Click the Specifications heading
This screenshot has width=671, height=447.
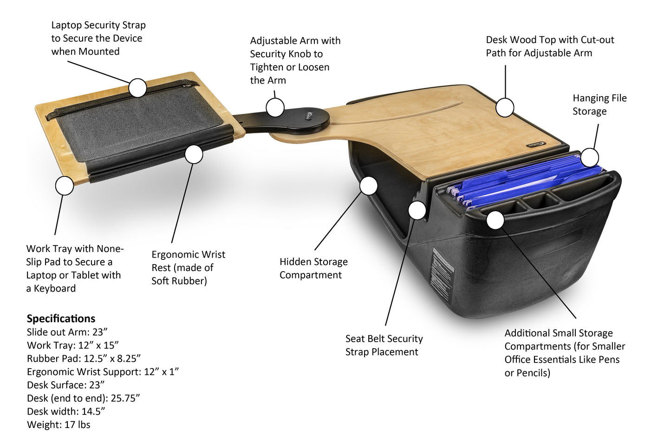point(61,318)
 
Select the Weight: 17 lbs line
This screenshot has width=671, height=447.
point(59,425)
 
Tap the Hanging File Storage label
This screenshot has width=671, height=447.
point(599,104)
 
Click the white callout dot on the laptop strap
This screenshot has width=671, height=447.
point(137,88)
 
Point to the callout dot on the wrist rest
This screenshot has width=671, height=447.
point(194,154)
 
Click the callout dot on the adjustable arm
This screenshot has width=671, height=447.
point(275,108)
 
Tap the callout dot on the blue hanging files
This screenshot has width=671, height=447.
point(589,158)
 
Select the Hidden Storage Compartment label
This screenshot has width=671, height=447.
point(313,268)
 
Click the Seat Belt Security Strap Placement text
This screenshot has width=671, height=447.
point(384,345)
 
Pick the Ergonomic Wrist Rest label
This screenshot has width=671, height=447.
point(188,267)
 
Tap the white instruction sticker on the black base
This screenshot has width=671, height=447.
point(442,277)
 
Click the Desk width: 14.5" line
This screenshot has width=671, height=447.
point(66,411)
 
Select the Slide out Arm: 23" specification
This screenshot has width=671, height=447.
point(67,332)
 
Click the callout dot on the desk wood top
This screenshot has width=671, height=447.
point(505,108)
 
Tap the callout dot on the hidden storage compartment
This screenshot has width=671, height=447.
point(368,186)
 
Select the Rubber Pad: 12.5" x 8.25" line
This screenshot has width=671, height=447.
point(84,358)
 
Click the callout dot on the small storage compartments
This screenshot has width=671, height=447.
point(495,220)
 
